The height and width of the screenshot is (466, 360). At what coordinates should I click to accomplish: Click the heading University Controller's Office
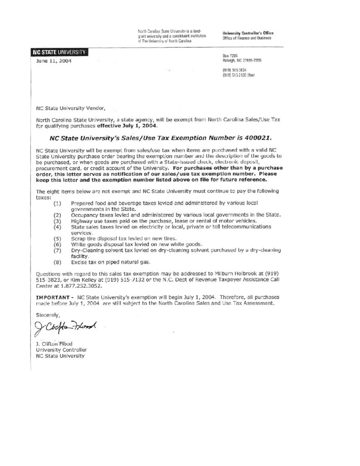pyautogui.click(x=248, y=34)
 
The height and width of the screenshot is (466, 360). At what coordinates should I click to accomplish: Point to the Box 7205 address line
pyautogui.click(x=228, y=55)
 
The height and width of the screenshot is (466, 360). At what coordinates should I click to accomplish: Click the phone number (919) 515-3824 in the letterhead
pyautogui.click(x=234, y=70)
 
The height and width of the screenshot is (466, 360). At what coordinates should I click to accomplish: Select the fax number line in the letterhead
pyautogui.click(x=238, y=75)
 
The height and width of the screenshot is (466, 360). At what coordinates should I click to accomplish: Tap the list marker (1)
pyautogui.click(x=58, y=202)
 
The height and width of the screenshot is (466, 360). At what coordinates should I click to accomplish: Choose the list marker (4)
pyautogui.click(x=58, y=226)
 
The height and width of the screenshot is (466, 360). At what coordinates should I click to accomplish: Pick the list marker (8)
pyautogui.click(x=58, y=262)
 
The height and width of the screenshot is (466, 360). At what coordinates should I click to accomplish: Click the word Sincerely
pyautogui.click(x=47, y=314)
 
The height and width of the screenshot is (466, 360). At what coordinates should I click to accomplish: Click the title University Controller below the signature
pyautogui.click(x=61, y=350)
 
